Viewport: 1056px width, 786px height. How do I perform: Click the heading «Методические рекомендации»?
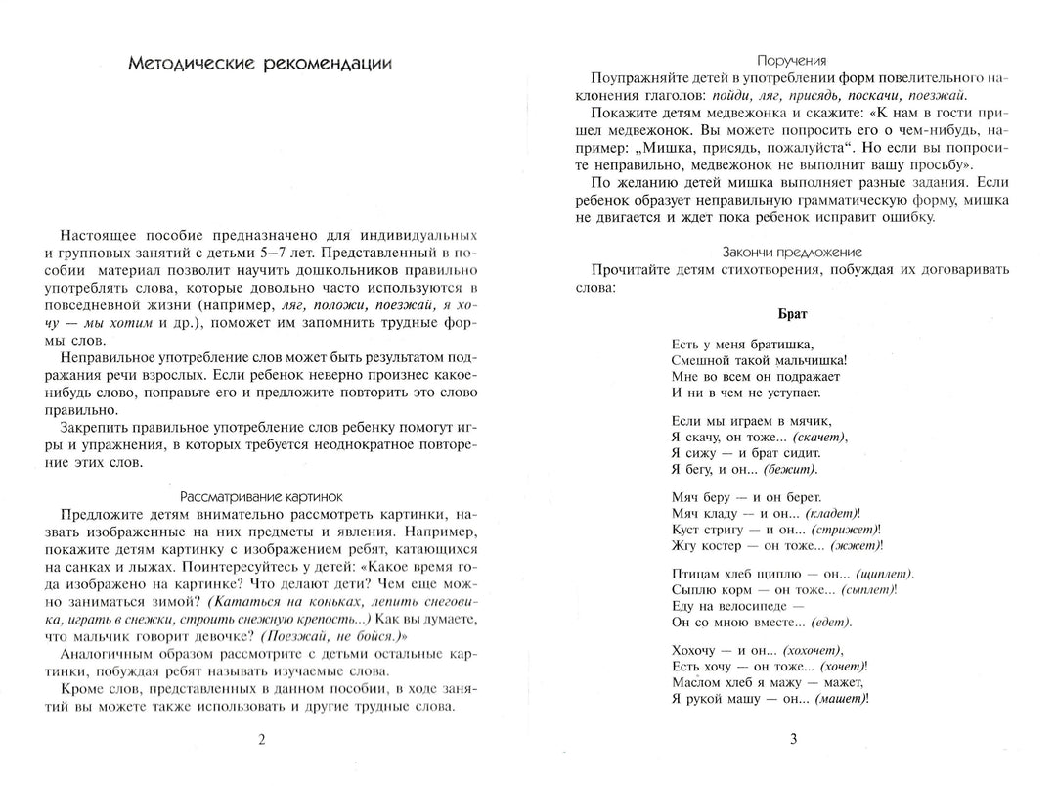tap(259, 65)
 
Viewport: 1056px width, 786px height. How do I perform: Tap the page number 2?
tap(261, 739)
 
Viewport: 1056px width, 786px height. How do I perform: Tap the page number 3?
tap(793, 739)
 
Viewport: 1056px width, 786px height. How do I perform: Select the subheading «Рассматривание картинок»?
tap(259, 496)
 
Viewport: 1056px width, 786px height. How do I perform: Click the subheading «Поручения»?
tap(792, 60)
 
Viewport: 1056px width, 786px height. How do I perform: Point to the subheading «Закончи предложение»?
tap(792, 251)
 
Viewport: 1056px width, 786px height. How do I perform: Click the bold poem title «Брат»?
tap(792, 314)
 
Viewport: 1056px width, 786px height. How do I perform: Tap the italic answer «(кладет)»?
tap(829, 513)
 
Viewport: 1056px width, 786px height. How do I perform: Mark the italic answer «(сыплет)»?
tap(867, 590)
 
